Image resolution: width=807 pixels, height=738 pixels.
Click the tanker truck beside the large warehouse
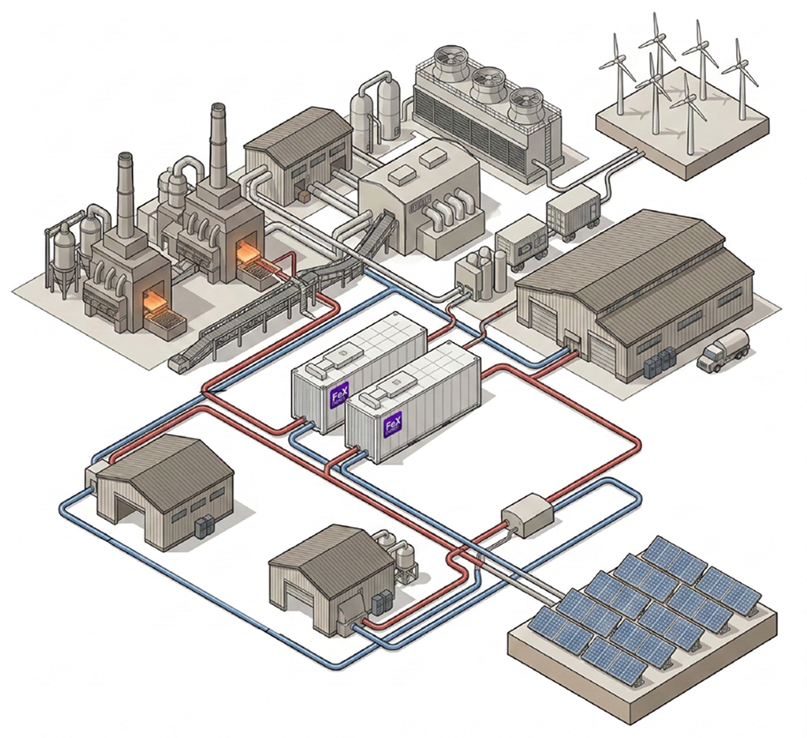[722, 349]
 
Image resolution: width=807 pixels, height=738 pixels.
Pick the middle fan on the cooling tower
[486, 85]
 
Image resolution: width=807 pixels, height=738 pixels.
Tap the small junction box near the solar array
[527, 515]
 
